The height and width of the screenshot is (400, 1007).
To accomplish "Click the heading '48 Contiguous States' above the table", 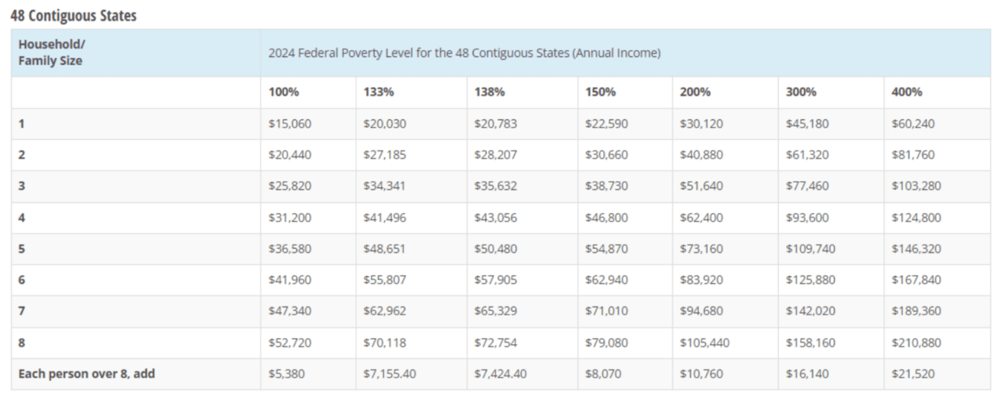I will [x=74, y=15].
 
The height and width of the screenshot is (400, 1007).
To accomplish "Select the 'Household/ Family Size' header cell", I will [x=51, y=53].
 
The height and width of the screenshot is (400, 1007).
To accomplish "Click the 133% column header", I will [x=379, y=92].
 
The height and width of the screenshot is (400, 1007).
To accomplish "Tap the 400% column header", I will [x=907, y=92].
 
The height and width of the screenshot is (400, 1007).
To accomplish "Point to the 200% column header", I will [x=695, y=92].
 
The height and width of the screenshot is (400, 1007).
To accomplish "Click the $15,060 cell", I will [x=290, y=124].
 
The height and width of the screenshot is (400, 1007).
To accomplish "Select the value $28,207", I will [x=495, y=155].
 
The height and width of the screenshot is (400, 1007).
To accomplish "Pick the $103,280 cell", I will [x=916, y=186].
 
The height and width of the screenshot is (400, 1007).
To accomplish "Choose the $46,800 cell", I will [x=606, y=218].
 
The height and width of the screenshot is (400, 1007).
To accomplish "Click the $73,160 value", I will [x=701, y=249].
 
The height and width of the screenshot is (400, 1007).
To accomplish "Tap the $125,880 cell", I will [x=810, y=280].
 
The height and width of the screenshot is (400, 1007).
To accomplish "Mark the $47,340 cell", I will [x=290, y=311].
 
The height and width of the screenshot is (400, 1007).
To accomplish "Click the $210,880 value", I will [x=916, y=343].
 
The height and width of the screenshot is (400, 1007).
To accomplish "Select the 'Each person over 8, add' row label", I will [x=86, y=374].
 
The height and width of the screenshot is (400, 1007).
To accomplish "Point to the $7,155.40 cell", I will [x=390, y=374].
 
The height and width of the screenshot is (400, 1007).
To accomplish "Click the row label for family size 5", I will [x=22, y=249].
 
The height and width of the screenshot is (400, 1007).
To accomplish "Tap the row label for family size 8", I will [x=22, y=343].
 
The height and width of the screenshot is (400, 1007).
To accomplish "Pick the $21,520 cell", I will [x=912, y=374].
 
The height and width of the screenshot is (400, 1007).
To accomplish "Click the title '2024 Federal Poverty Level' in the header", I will [x=464, y=53].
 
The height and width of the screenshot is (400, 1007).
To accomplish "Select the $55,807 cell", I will [x=384, y=280].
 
